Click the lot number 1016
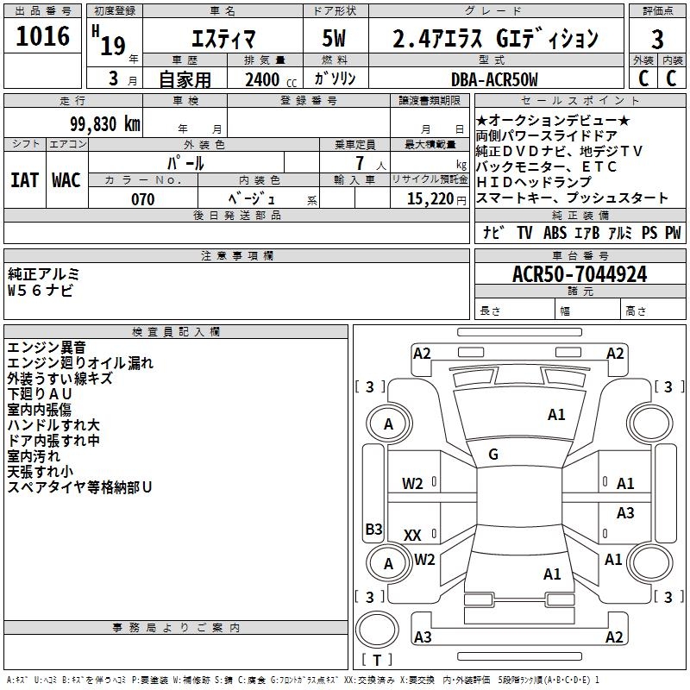click(x=42, y=35)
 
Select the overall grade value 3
click(x=657, y=39)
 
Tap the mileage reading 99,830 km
click(x=104, y=124)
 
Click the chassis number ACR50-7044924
click(x=580, y=274)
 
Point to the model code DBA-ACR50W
click(x=494, y=79)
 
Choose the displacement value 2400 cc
click(x=271, y=79)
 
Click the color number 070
click(x=142, y=199)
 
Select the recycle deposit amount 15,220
click(x=430, y=199)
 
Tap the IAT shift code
click(x=24, y=180)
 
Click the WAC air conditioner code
click(x=66, y=180)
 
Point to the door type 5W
click(x=334, y=38)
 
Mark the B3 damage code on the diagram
click(x=373, y=529)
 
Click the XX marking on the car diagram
click(x=412, y=535)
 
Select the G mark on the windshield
click(x=493, y=455)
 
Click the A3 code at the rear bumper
click(x=423, y=637)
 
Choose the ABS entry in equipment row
click(x=555, y=233)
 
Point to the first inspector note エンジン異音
click(x=47, y=348)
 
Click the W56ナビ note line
click(x=40, y=290)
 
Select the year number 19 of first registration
click(x=113, y=46)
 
